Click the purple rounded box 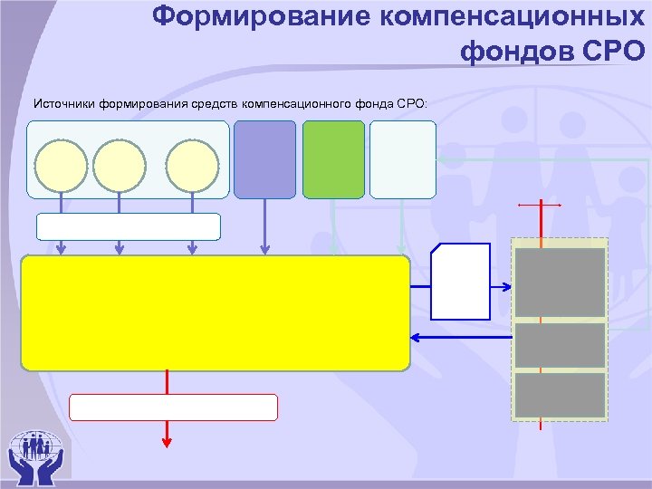[264, 159]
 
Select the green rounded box [333, 159]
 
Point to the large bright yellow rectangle [215, 312]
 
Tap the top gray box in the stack [560, 283]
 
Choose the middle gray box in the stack [560, 345]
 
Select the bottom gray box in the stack [560, 395]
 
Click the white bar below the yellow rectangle [173, 407]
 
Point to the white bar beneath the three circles [129, 226]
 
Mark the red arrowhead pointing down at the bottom [167, 442]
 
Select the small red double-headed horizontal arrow [540, 206]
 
